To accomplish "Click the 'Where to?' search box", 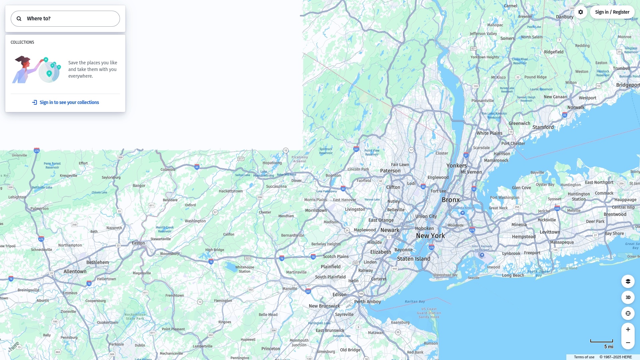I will click(65, 19).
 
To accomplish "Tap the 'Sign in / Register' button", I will click(612, 12).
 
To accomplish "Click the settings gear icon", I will click(581, 12).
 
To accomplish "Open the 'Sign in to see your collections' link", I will click(66, 102).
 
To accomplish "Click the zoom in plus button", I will click(628, 329).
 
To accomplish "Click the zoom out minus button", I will click(628, 343).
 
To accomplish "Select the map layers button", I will click(628, 281).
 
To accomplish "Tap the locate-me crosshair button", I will click(628, 313).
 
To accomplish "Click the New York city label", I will click(430, 236).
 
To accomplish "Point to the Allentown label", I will click(75, 271).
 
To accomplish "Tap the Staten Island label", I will click(414, 259).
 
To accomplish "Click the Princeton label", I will click(271, 349).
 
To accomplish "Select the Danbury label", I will click(565, 17).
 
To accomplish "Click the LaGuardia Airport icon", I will click(462, 213).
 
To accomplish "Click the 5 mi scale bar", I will click(602, 341).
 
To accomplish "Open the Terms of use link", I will click(584, 357).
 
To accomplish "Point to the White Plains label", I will click(489, 133).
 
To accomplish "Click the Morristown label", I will click(316, 210).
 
